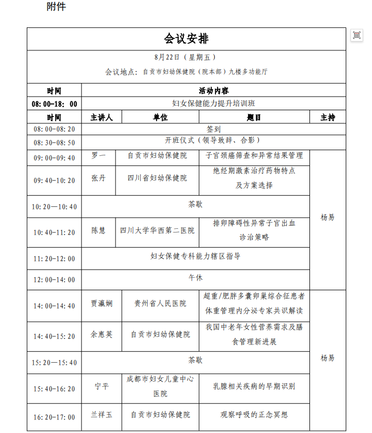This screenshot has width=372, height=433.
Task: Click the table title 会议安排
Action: tap(186, 39)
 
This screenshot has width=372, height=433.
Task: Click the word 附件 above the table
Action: tap(56, 7)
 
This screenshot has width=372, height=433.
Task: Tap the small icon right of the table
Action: tap(357, 35)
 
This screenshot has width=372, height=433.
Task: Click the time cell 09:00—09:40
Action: tap(55, 157)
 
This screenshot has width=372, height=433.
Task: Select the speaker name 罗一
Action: tap(99, 156)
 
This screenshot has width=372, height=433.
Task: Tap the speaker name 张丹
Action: tap(99, 178)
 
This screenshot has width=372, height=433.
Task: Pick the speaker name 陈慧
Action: tap(99, 230)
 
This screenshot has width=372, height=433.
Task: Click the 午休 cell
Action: tap(195, 278)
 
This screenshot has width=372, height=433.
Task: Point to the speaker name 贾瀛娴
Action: tap(101, 303)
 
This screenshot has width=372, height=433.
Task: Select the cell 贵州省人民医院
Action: tap(160, 303)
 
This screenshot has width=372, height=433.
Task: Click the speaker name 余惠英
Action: tap(101, 334)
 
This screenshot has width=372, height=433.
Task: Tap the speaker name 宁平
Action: tap(101, 386)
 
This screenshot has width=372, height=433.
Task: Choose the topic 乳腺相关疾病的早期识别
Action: tap(254, 386)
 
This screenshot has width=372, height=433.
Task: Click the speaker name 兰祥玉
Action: tap(101, 415)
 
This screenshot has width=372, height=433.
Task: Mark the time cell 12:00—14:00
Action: tap(55, 280)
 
